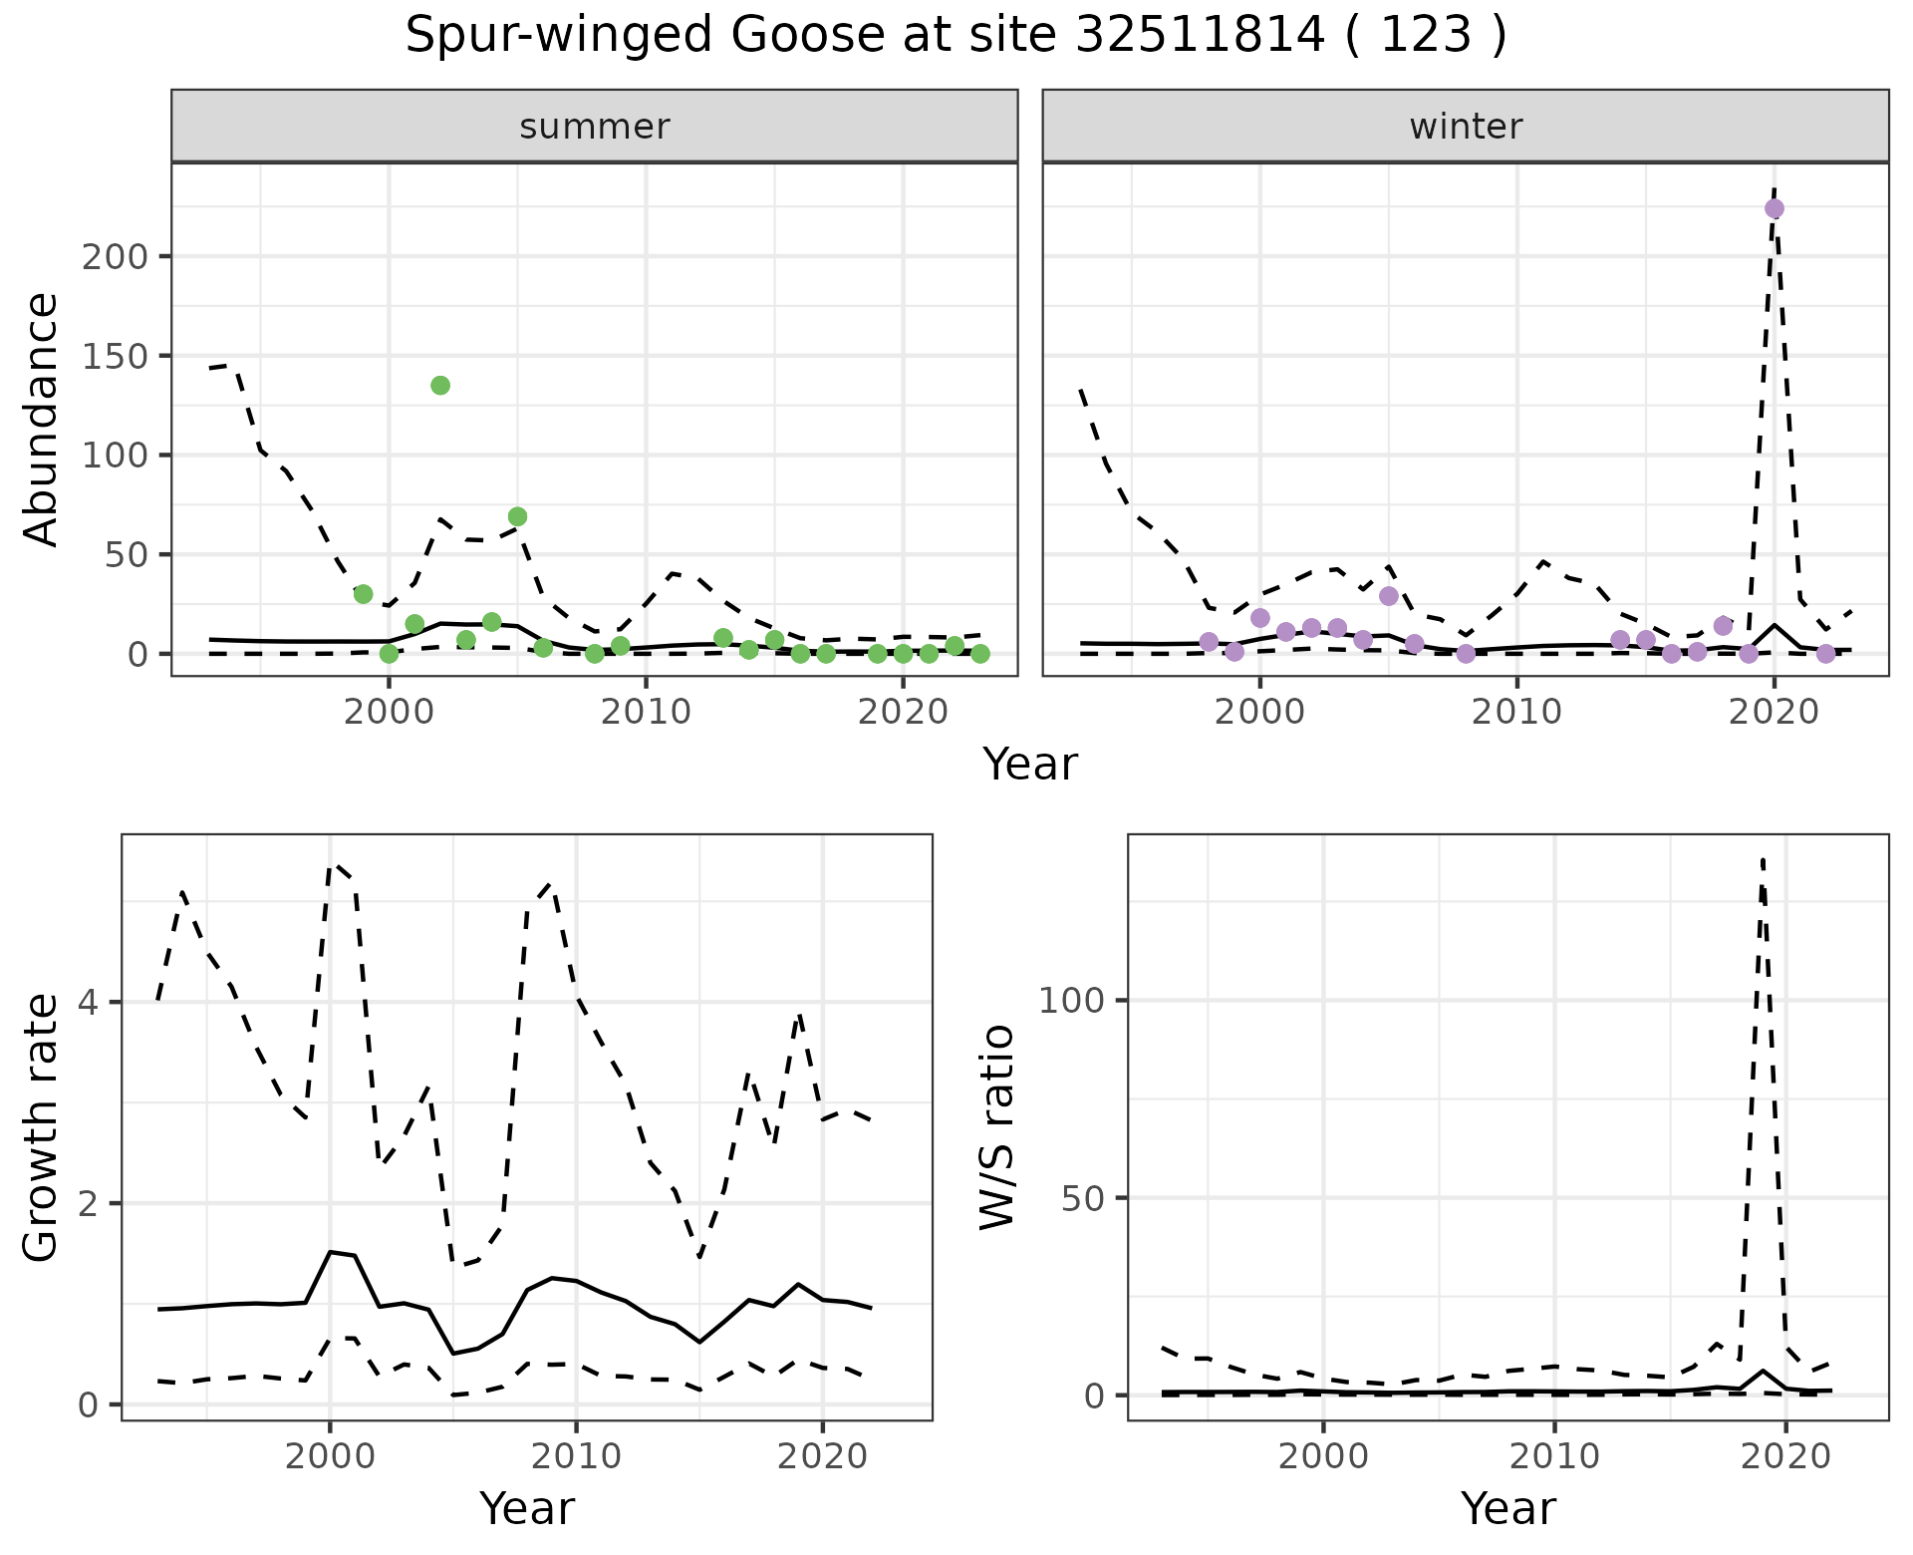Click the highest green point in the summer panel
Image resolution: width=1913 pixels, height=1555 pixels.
[440, 386]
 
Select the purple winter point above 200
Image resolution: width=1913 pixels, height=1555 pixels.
[1774, 209]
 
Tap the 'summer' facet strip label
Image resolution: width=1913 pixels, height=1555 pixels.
[595, 127]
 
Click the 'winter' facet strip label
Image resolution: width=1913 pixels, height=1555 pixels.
[1466, 127]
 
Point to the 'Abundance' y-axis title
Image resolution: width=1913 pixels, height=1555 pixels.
[42, 420]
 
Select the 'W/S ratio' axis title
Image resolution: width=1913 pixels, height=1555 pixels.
[997, 1127]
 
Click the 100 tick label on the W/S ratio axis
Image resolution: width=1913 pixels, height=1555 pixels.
[1072, 1000]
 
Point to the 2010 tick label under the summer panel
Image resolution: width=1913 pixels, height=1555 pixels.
[646, 712]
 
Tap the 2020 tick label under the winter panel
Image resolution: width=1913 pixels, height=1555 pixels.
[1774, 712]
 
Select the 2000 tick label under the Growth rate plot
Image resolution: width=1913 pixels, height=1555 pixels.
[330, 1456]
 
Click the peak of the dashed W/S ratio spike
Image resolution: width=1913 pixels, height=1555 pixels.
[1763, 859]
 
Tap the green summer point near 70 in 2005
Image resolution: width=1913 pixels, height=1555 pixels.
[517, 516]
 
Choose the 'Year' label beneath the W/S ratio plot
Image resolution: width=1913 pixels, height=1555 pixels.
[1507, 1508]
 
